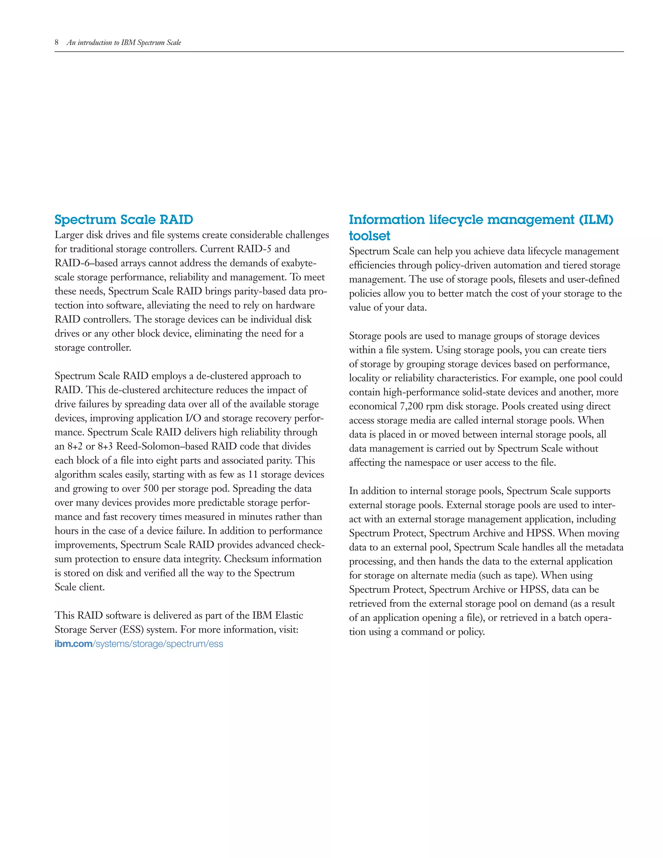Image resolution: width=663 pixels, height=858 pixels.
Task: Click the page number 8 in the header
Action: tap(57, 42)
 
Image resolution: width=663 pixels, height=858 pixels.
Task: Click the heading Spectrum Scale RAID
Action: tap(124, 220)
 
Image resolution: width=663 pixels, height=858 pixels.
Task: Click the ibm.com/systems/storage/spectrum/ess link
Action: tap(139, 644)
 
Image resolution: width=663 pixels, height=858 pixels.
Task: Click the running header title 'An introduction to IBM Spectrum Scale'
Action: tap(124, 42)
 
